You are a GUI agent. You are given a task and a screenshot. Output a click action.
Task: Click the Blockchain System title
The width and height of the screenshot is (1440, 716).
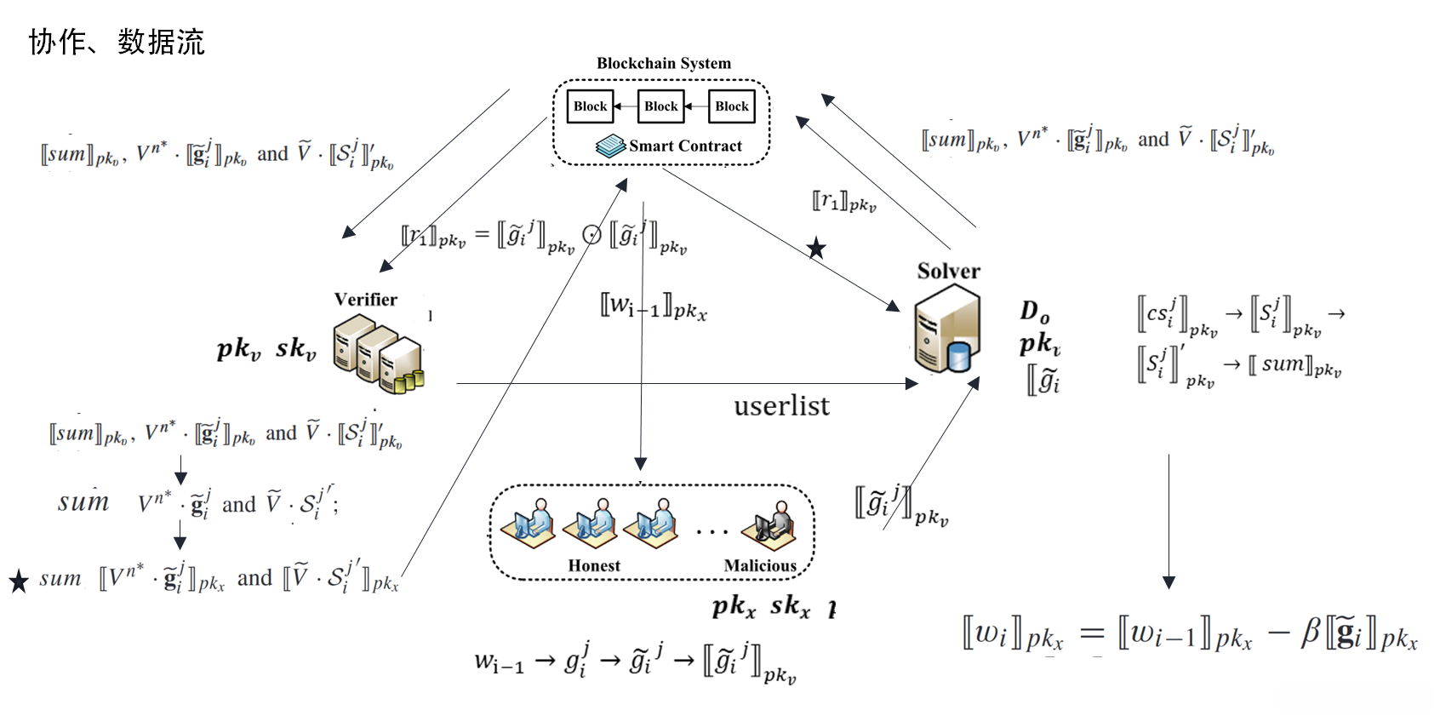point(663,63)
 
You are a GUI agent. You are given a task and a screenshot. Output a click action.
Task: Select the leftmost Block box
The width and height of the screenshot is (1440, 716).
point(590,106)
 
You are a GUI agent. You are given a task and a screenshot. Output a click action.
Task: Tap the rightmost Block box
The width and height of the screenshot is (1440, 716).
point(732,106)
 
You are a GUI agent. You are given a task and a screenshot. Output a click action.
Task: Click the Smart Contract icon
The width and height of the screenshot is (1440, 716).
point(610,146)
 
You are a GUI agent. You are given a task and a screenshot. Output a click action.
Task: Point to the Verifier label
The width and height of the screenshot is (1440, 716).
point(365,300)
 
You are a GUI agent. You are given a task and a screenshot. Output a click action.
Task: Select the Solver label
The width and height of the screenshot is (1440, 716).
point(948,272)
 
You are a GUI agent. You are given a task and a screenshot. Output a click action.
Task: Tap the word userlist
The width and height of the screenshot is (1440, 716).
point(781,406)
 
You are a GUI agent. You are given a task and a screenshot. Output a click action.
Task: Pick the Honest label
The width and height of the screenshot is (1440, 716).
point(594,565)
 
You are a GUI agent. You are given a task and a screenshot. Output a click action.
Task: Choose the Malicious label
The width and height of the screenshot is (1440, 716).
point(760,565)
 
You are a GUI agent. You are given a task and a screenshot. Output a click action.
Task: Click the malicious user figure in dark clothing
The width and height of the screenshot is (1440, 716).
point(770,523)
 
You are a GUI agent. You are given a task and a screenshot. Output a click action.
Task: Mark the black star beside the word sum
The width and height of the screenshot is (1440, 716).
point(19,581)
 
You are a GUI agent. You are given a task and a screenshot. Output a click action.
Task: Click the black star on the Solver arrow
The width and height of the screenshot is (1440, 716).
point(816,249)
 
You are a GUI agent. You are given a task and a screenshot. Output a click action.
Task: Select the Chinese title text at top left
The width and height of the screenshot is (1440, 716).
point(117,42)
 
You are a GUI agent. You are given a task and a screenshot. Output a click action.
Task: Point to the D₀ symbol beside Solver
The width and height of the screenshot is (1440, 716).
point(1035,312)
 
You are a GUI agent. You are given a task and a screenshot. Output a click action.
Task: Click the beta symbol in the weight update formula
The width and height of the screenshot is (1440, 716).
point(1311,633)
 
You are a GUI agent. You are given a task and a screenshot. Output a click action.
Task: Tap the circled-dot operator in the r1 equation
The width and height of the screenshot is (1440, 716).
point(591,235)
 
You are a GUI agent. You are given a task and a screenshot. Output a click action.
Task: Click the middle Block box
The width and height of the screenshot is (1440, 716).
point(661,106)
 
